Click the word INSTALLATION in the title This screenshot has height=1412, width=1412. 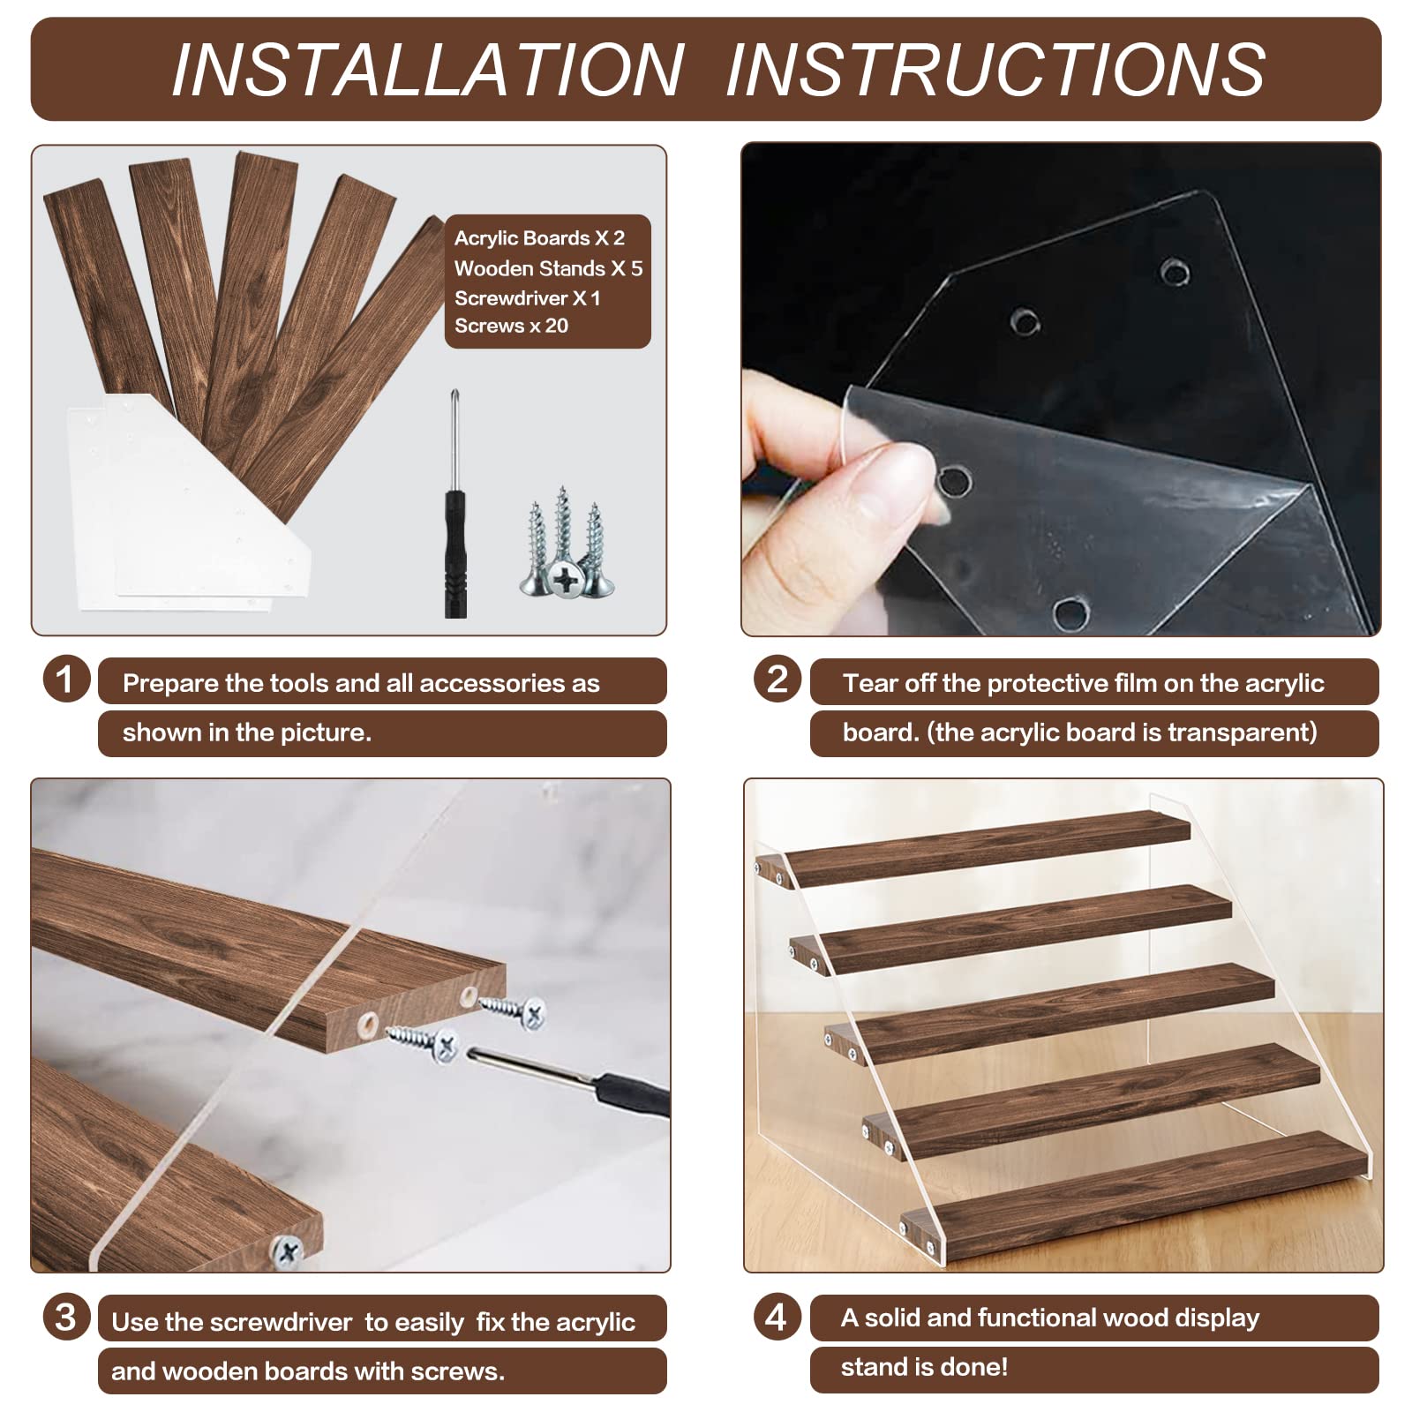427,69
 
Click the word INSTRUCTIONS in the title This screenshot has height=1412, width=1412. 995,69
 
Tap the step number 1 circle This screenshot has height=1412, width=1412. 66,680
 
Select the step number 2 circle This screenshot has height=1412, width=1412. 777,680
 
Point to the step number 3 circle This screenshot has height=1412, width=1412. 66,1317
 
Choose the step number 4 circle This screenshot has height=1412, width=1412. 777,1317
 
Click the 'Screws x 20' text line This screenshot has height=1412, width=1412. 511,326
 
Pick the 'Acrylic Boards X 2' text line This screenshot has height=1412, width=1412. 539,238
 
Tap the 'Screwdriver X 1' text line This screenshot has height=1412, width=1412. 527,298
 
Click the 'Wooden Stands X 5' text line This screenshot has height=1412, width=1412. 548,268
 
